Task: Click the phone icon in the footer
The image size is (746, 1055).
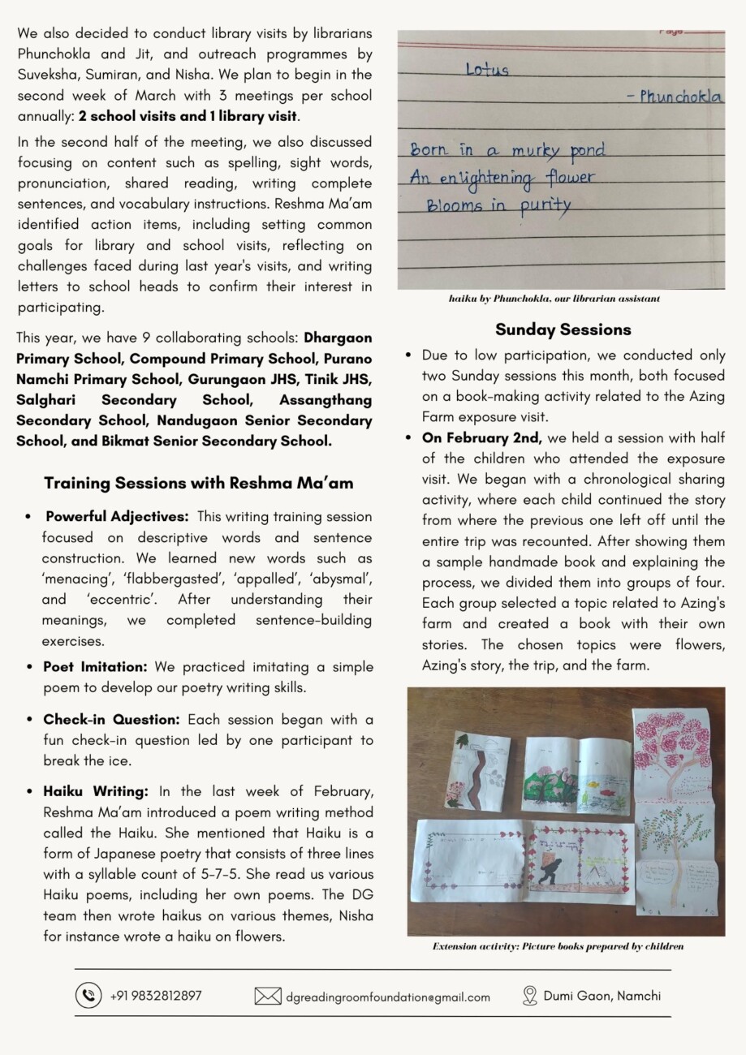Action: [x=88, y=995]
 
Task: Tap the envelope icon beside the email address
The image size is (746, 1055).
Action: [x=268, y=996]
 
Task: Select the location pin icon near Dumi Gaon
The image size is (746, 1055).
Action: [x=530, y=995]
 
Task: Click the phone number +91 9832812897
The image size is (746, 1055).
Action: [x=156, y=995]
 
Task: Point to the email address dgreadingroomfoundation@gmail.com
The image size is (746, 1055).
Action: [x=388, y=997]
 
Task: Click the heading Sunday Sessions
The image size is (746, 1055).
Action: [x=563, y=329]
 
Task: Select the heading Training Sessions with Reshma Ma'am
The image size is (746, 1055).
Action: [x=199, y=483]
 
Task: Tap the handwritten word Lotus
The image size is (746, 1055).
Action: [x=487, y=70]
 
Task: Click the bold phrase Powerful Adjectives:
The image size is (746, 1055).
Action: [x=118, y=516]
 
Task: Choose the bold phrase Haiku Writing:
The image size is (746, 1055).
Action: [x=96, y=791]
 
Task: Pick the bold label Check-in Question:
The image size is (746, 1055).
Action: [x=112, y=720]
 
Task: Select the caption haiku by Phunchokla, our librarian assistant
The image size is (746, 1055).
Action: [x=554, y=299]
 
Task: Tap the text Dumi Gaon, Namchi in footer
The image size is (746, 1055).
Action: [x=602, y=995]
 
